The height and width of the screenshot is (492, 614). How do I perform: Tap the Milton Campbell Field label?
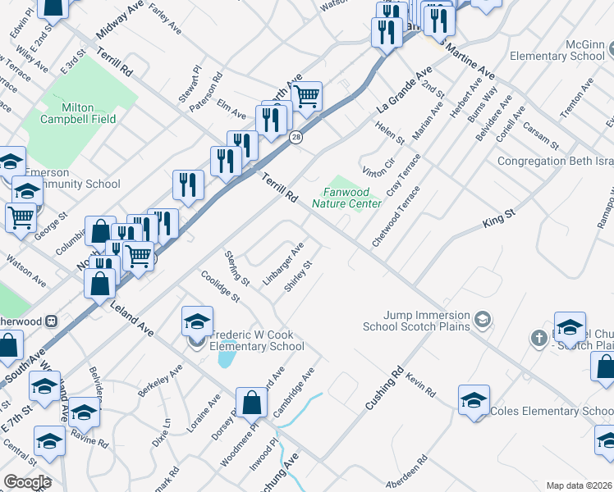coord(88,113)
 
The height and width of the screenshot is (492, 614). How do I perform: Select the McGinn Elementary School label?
coord(557,49)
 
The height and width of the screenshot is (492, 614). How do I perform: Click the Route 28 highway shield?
coord(296,137)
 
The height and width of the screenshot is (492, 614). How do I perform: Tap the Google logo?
coord(27,482)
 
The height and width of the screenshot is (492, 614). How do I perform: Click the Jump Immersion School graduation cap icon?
coord(483,318)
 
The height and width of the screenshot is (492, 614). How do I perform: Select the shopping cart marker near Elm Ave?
coord(307,96)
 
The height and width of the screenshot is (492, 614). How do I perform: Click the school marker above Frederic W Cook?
coord(197,321)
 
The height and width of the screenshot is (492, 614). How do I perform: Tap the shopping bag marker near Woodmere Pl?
coord(253,403)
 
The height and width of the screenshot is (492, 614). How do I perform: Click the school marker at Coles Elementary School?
coord(474,400)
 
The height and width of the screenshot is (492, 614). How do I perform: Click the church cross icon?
coord(538,337)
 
